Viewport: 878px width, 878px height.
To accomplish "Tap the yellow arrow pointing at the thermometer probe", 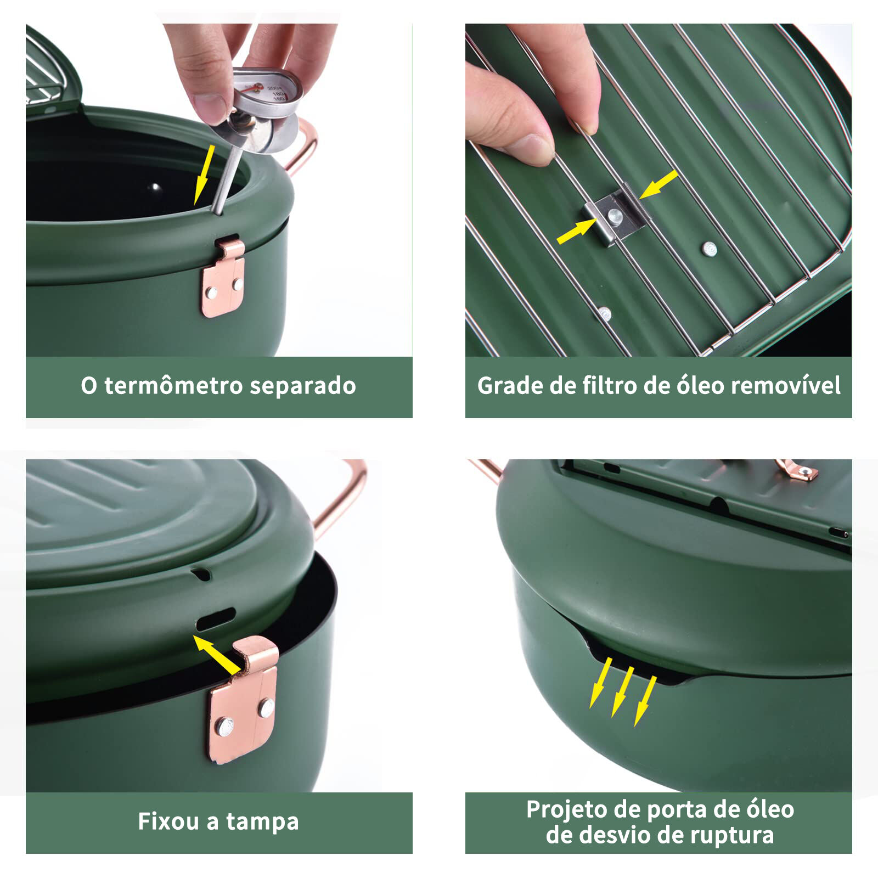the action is (204, 174).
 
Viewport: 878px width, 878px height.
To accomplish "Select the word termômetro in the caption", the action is (173, 386).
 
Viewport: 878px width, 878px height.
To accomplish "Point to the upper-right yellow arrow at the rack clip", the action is (658, 184).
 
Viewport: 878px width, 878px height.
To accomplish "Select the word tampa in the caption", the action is (262, 822).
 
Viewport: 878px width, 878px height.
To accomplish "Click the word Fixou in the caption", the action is (168, 821).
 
